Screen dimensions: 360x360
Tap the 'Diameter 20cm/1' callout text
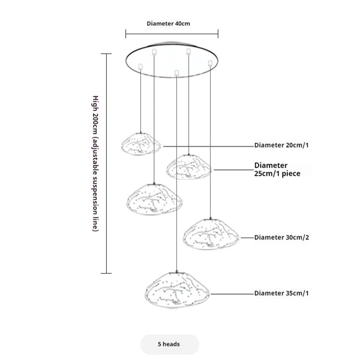point(283,146)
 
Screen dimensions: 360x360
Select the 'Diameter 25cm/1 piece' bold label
point(277,169)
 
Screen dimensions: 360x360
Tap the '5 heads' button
point(169,344)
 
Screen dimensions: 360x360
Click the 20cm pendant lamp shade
point(141,145)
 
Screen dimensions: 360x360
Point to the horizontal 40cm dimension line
point(172,34)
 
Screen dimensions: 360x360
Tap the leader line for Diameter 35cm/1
point(231,293)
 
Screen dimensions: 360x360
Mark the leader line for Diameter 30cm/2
point(246,238)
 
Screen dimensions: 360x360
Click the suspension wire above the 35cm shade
point(176,180)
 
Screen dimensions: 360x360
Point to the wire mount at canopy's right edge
point(209,62)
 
